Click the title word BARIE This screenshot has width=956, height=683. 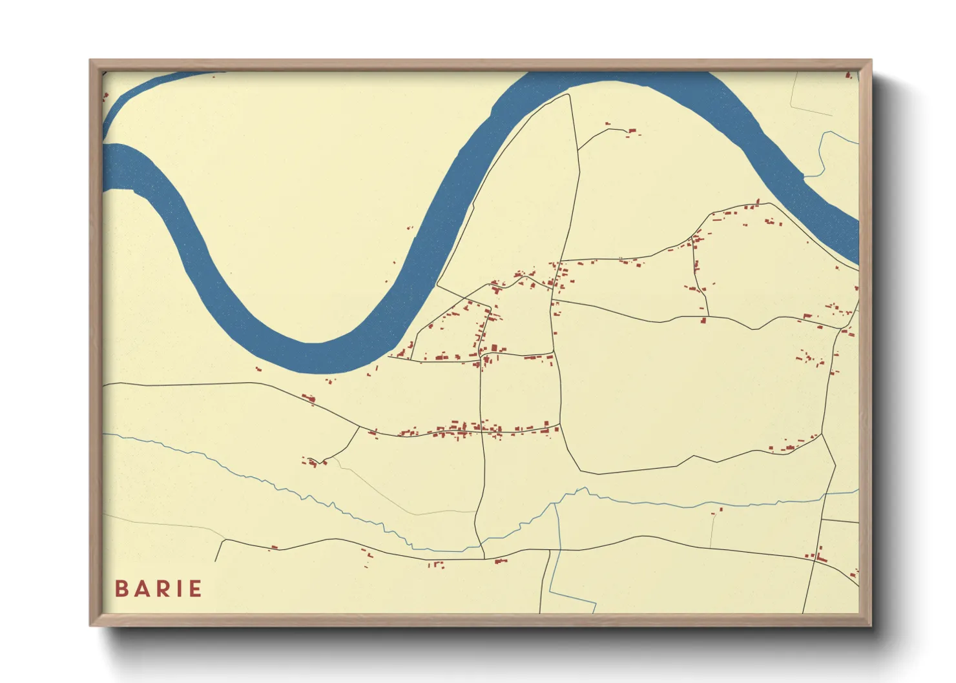[158, 589]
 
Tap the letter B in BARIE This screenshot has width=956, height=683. [121, 589]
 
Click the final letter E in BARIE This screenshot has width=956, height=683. [195, 589]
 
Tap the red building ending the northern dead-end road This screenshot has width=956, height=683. [631, 132]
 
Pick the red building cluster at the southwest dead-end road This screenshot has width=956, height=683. [311, 461]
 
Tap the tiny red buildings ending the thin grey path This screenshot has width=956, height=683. [716, 511]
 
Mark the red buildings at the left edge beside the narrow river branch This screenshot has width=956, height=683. [105, 97]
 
